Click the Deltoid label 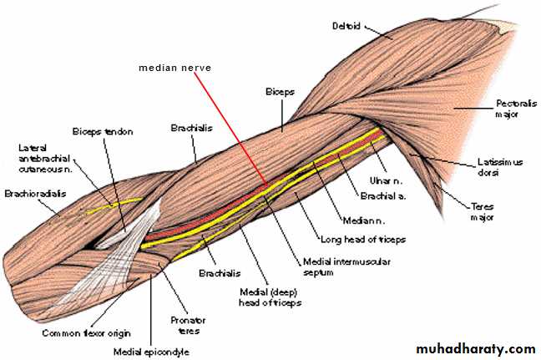click(x=346, y=26)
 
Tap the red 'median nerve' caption click(x=175, y=68)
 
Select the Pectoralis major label click(x=516, y=109)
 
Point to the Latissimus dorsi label click(x=500, y=167)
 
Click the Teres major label click(x=483, y=211)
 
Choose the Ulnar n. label click(x=386, y=180)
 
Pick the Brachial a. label click(x=383, y=196)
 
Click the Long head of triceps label click(x=363, y=239)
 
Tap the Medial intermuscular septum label click(x=346, y=266)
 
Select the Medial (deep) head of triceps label click(x=270, y=297)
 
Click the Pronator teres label click(x=189, y=325)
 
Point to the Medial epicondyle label click(x=151, y=352)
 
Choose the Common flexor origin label click(x=86, y=333)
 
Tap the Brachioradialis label click(x=35, y=194)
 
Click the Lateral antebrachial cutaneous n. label click(x=44, y=159)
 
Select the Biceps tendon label click(x=103, y=131)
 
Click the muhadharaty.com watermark click(x=476, y=348)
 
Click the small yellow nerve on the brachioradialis click(x=114, y=205)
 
